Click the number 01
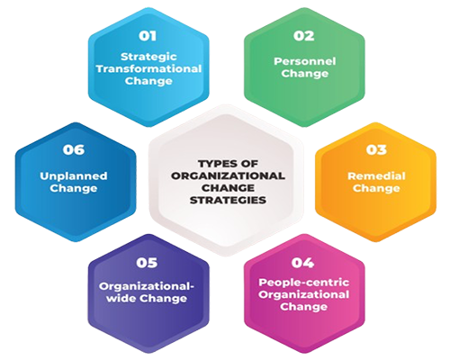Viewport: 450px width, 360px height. (x=148, y=36)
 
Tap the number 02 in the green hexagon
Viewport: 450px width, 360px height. (x=304, y=36)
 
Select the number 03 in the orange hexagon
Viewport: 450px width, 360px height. (x=376, y=149)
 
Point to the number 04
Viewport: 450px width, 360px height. (x=302, y=263)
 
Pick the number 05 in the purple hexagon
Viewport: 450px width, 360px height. (x=147, y=263)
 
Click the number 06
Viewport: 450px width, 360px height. (x=74, y=149)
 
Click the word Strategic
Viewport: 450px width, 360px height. (x=148, y=57)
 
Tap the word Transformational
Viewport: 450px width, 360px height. (x=148, y=68)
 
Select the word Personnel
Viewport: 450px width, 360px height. (x=305, y=61)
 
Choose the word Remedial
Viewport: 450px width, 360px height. (x=376, y=175)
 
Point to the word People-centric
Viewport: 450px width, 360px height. (x=304, y=283)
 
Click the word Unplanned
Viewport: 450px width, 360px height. (x=74, y=175)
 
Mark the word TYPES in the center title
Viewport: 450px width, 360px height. (x=213, y=164)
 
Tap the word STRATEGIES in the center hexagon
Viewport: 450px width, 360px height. (x=228, y=200)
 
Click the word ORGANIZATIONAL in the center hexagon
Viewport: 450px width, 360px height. (x=228, y=175)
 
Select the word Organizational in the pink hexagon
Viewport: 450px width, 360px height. (x=304, y=294)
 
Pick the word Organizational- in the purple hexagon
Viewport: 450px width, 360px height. (x=147, y=286)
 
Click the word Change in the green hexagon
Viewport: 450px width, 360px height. (x=305, y=74)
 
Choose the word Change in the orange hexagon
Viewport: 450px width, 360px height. (x=376, y=188)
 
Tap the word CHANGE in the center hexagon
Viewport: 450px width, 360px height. (x=228, y=188)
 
